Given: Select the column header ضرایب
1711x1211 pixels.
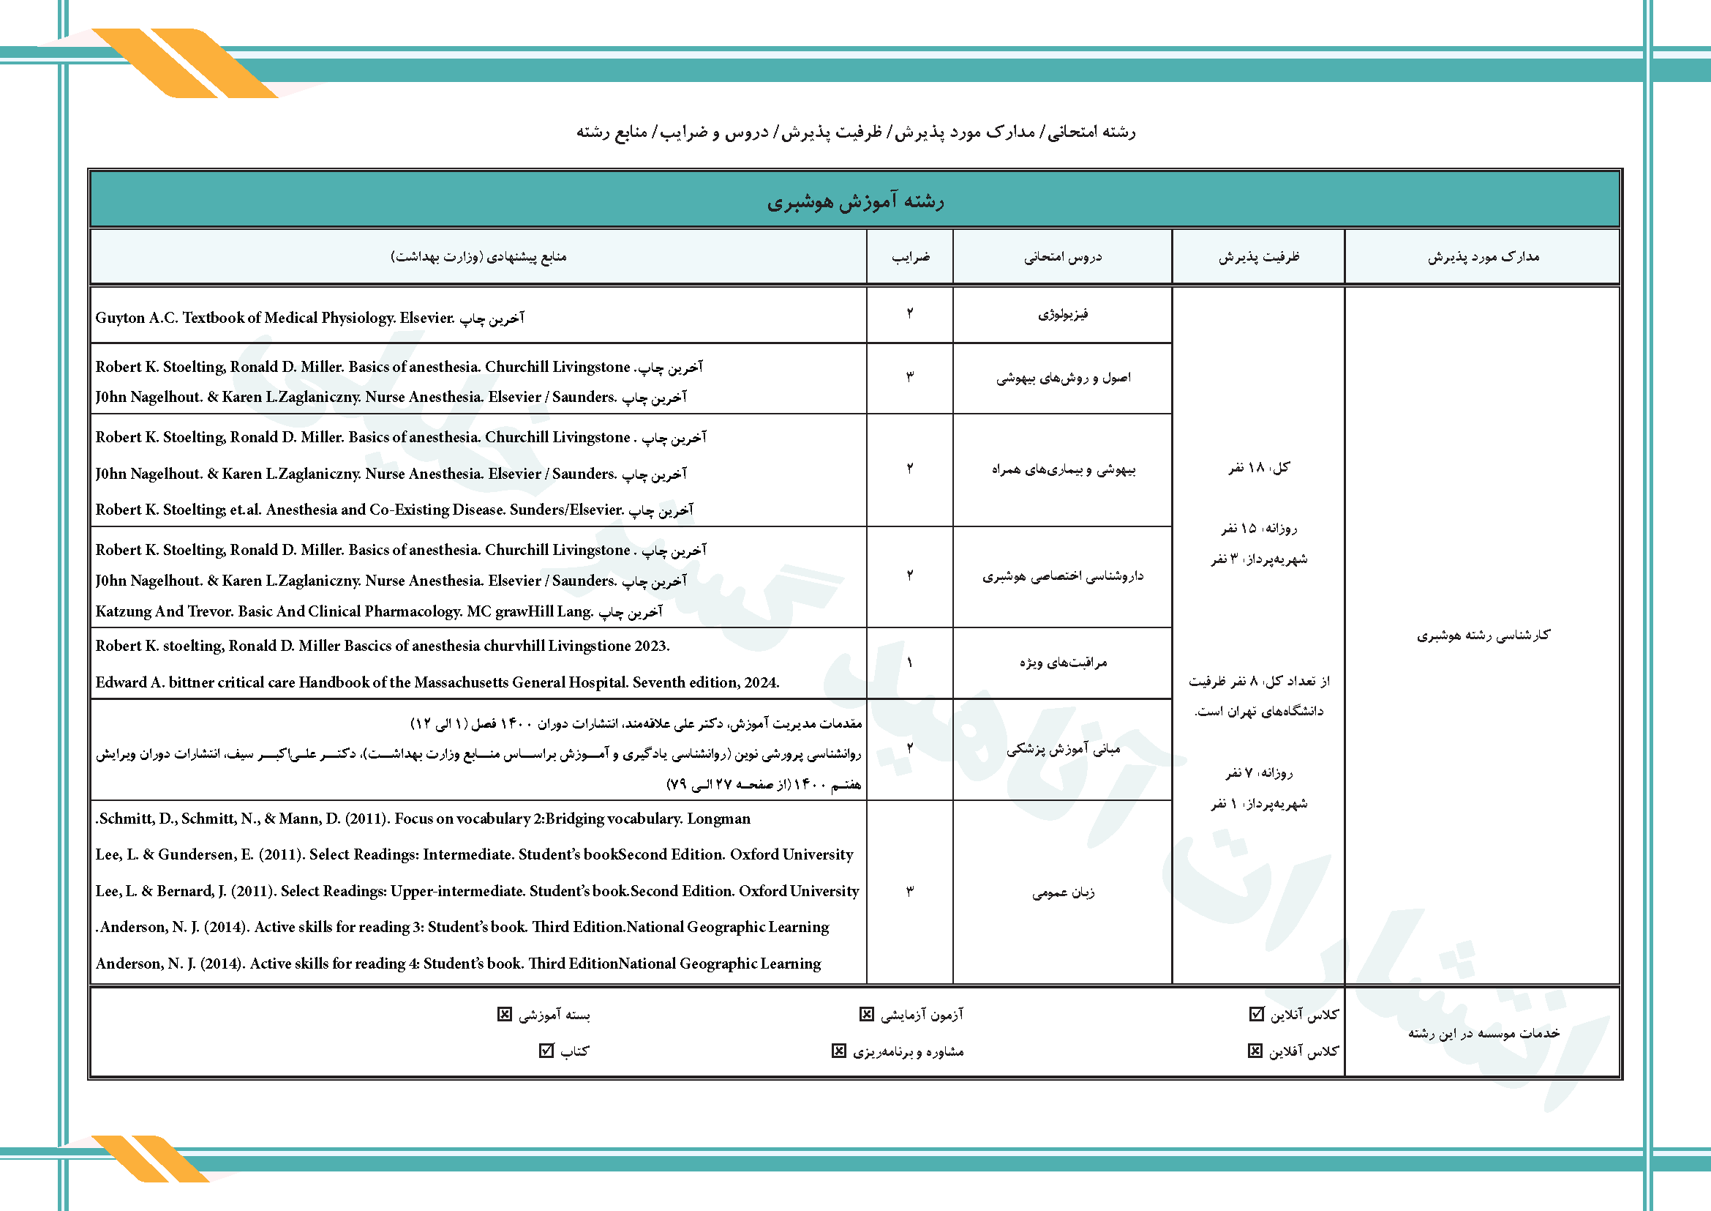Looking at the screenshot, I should point(910,257).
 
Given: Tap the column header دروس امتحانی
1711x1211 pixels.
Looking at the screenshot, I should point(1062,257).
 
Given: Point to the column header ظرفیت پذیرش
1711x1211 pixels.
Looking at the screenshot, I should point(1259,257).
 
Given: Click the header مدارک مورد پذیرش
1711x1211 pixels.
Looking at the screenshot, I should point(1483,257).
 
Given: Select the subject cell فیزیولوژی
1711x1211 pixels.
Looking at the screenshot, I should point(1063,315).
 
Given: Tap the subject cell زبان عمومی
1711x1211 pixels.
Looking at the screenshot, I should point(1063,893).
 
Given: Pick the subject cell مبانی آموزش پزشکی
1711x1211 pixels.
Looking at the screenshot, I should point(1063,750).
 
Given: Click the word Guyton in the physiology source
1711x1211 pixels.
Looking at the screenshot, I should point(120,318).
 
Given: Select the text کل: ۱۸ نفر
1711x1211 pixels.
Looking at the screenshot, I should point(1259,468).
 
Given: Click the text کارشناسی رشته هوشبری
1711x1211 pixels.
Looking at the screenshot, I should point(1483,636).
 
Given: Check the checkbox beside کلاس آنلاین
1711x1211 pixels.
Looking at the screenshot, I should point(1257,1014).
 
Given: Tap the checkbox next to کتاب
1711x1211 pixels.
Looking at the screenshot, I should point(546,1051).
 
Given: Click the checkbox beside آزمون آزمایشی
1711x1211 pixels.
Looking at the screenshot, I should point(866,1014).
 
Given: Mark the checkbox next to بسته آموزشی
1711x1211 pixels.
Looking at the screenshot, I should point(505,1014).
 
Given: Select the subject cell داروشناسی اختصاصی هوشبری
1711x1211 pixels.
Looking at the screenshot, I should point(1063,576).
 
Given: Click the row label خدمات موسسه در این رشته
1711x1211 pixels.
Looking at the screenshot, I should point(1483,1034).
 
